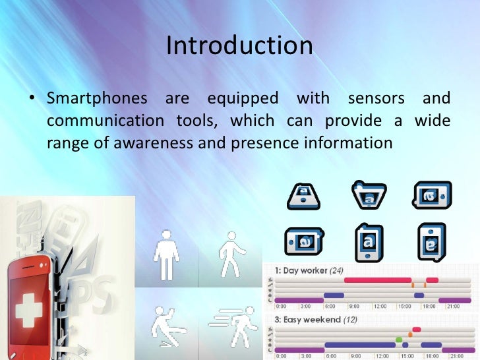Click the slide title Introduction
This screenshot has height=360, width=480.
(239, 45)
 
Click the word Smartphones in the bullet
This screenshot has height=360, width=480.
(97, 99)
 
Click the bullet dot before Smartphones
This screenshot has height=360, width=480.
(30, 100)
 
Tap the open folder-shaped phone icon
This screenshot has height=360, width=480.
(369, 195)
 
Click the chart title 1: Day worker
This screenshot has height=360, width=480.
(310, 270)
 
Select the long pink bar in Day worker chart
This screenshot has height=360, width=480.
(377, 280)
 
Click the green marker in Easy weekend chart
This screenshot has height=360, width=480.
(399, 340)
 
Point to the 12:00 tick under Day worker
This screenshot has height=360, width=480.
(380, 307)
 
